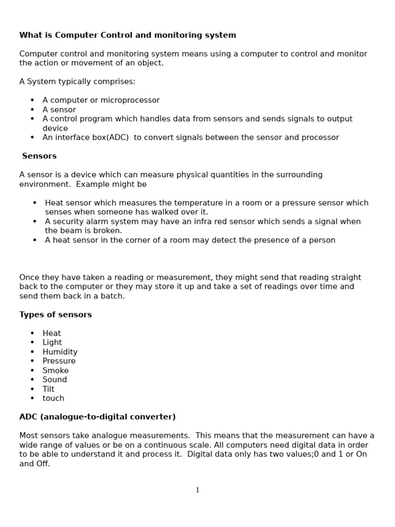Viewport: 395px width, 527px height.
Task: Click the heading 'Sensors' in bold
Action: point(39,156)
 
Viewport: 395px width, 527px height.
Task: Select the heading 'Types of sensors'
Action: point(56,314)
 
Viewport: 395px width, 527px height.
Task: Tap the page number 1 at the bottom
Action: point(197,490)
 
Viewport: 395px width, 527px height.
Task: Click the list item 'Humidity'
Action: point(60,352)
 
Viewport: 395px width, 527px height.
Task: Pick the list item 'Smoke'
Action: point(56,371)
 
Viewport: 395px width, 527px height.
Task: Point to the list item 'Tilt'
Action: point(48,389)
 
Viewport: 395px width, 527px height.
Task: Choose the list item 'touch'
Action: point(53,398)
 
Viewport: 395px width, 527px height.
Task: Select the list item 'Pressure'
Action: point(59,361)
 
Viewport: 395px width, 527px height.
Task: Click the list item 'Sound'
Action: point(55,380)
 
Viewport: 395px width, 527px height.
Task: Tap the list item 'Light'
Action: point(52,343)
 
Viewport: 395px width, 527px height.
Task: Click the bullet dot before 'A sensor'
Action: point(32,110)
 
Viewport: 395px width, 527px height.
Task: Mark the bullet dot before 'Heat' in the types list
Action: point(32,333)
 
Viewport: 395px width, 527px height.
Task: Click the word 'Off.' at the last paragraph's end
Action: point(43,464)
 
